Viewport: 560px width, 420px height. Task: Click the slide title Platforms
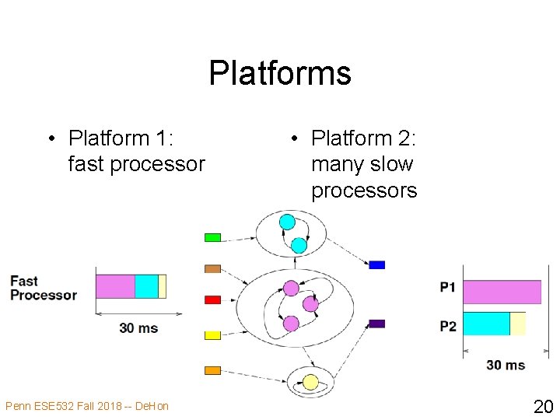(x=280, y=74)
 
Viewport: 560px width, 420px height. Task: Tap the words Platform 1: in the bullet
(x=121, y=138)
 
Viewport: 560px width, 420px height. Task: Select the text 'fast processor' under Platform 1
(x=136, y=164)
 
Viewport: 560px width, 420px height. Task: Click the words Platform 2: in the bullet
(x=364, y=138)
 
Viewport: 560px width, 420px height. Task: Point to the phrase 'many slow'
(x=362, y=164)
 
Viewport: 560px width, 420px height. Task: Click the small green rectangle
(x=212, y=237)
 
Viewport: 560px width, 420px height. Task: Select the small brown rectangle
(x=212, y=268)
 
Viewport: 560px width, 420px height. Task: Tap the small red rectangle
(x=212, y=299)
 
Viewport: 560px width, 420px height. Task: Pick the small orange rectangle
(x=212, y=370)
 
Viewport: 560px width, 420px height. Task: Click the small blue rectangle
(x=376, y=264)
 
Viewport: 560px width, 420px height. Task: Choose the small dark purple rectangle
(x=376, y=323)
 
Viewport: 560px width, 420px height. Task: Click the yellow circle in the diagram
(x=310, y=382)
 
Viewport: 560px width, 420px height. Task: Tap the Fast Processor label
(x=43, y=288)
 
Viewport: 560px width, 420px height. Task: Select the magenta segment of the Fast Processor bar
(x=115, y=286)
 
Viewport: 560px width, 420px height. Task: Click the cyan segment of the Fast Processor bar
(x=146, y=286)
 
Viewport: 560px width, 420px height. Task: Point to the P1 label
(x=448, y=288)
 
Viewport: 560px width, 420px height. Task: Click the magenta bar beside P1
(x=502, y=292)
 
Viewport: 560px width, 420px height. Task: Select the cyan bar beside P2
(x=486, y=324)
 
